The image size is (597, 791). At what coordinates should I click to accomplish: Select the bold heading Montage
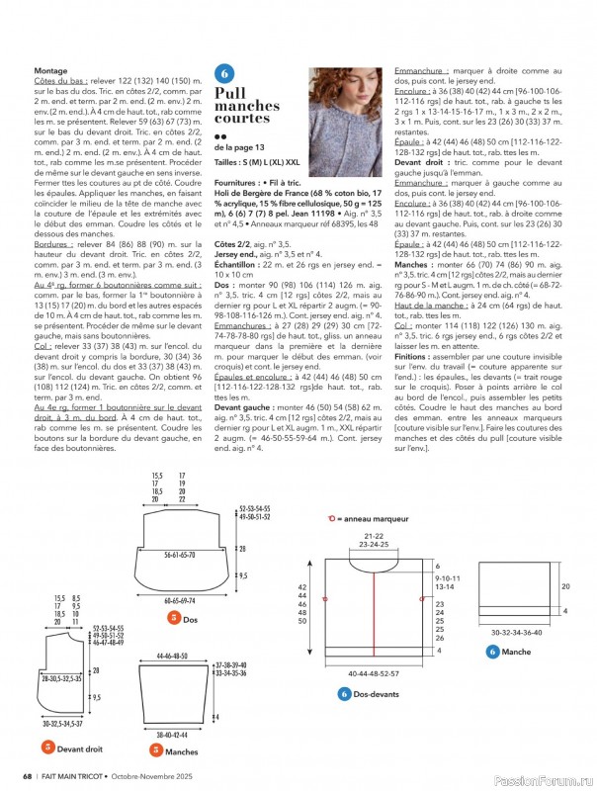pos(51,71)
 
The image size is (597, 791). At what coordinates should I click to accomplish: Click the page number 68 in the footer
pos(28,774)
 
